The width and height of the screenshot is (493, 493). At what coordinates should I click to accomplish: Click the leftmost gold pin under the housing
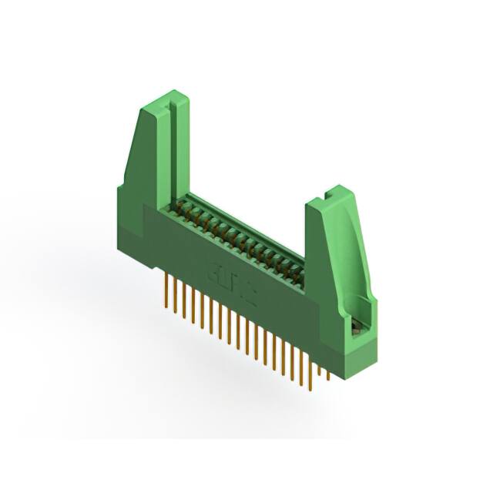[x=166, y=292]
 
